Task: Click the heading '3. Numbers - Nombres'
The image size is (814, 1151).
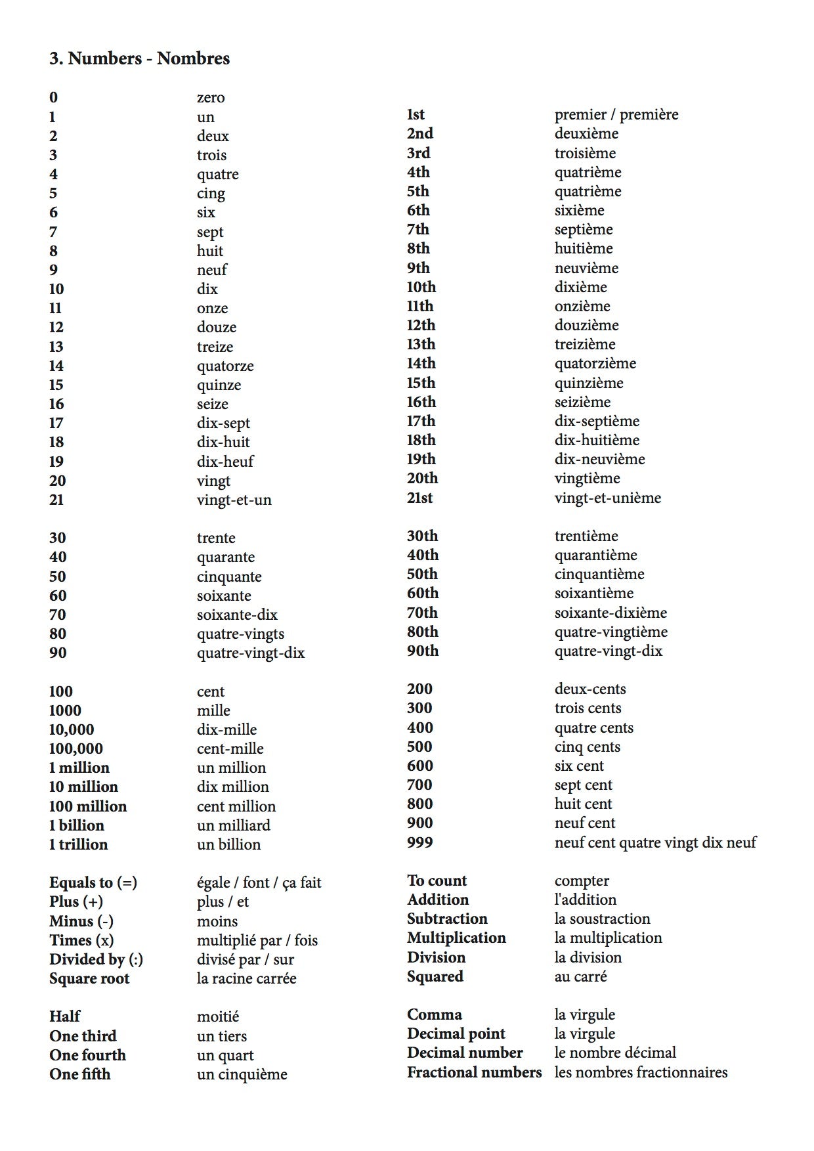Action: point(139,58)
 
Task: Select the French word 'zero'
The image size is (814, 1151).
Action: point(211,98)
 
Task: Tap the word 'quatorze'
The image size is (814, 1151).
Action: point(225,366)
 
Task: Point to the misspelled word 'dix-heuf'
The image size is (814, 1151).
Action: point(225,462)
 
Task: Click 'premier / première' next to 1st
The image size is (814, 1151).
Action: point(616,115)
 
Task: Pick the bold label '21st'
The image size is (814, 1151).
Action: point(420,498)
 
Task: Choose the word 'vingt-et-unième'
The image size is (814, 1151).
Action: point(608,498)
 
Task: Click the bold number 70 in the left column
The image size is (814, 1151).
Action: point(58,615)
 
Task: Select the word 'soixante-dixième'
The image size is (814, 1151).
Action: point(610,613)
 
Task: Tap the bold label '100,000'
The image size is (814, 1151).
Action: point(76,749)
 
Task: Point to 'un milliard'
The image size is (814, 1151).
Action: point(234,825)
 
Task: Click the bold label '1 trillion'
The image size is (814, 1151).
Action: point(79,844)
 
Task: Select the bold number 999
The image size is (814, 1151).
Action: point(420,842)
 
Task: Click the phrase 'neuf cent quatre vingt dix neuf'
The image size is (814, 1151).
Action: point(655,842)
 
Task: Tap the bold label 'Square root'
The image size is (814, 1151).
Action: point(89,978)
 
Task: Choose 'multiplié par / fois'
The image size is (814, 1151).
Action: point(257,940)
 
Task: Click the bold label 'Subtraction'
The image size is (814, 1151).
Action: point(447,919)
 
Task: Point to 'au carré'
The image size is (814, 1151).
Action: point(581,976)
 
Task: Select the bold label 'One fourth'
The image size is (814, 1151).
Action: point(87,1055)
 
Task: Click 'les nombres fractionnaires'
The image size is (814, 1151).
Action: point(641,1072)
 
